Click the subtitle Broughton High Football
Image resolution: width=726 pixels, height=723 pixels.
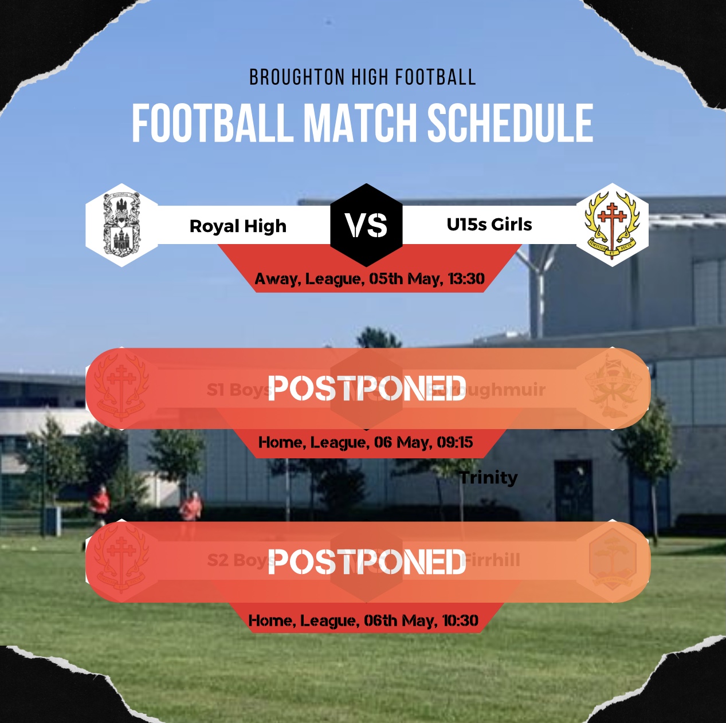(362, 77)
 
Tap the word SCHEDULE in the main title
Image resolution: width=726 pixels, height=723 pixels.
(510, 123)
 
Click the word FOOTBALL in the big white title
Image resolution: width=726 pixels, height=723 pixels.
(211, 123)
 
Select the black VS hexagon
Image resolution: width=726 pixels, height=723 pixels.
(366, 225)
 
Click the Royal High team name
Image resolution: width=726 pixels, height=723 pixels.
(238, 226)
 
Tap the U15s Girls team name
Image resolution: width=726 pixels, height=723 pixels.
(489, 225)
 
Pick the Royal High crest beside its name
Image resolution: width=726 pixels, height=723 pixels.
(121, 225)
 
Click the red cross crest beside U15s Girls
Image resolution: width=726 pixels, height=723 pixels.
(612, 225)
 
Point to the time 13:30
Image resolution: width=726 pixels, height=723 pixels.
(466, 279)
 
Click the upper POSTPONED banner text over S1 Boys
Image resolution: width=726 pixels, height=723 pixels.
(367, 388)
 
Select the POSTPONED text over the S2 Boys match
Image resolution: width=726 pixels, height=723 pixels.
(367, 562)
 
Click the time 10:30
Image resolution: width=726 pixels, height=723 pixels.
(460, 620)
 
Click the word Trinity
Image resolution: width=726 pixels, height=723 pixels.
(489, 477)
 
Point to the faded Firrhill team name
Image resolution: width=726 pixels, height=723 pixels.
(492, 560)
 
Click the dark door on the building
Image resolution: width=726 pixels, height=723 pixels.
(573, 490)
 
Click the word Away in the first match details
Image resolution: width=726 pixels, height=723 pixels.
(276, 279)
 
